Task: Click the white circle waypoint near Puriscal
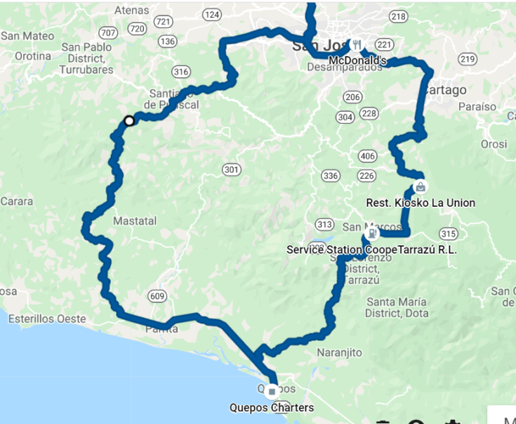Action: click(x=129, y=121)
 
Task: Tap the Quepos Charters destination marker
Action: click(x=272, y=390)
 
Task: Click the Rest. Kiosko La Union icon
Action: click(x=420, y=186)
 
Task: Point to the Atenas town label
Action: click(x=132, y=11)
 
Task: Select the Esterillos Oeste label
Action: click(x=47, y=319)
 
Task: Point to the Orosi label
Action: click(x=494, y=144)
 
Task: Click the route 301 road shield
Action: click(x=231, y=169)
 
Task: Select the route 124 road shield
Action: click(x=212, y=15)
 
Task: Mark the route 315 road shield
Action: click(x=447, y=233)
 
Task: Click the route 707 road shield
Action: click(x=109, y=32)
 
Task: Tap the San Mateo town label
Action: click(x=27, y=36)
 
